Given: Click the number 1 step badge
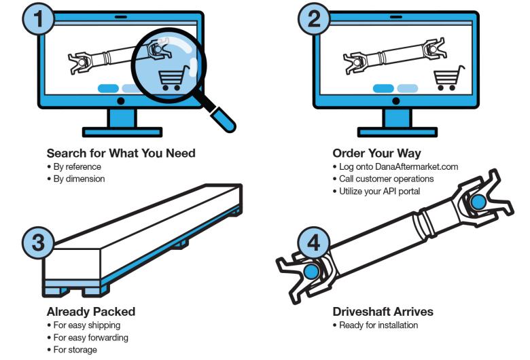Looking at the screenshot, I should tap(42, 18).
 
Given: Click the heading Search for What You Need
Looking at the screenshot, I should tap(121, 153).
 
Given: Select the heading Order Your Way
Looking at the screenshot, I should tap(376, 153).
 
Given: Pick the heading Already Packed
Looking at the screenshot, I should tap(90, 312).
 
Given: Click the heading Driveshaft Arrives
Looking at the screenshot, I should tap(383, 312).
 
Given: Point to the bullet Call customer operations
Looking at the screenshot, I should tap(385, 179).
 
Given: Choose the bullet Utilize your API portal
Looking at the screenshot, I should tap(378, 192).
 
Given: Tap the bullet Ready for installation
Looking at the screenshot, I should tap(378, 325).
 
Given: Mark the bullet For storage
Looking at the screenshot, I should tap(75, 350).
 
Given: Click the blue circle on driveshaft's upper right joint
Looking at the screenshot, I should tap(478, 201).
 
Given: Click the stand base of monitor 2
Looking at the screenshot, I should tap(395, 131).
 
